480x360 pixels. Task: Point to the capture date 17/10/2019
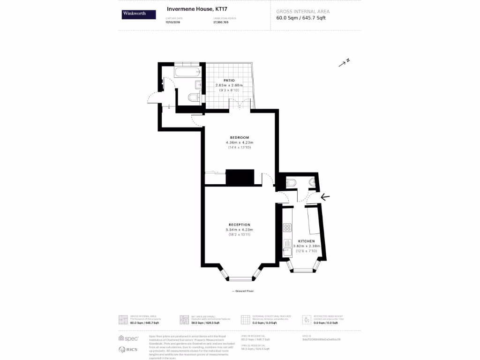(x=172, y=22)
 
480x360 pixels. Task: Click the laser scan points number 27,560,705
(x=221, y=22)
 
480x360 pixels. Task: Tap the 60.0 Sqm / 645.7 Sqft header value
(x=301, y=18)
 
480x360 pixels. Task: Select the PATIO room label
(x=229, y=80)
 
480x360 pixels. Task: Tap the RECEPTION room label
(x=240, y=225)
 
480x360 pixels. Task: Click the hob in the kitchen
(x=287, y=228)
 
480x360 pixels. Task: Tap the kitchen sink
(x=286, y=244)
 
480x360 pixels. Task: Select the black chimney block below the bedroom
(x=240, y=177)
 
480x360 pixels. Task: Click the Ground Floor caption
(x=243, y=291)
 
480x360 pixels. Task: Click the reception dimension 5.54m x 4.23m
(x=240, y=230)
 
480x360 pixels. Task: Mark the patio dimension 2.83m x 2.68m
(x=229, y=85)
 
